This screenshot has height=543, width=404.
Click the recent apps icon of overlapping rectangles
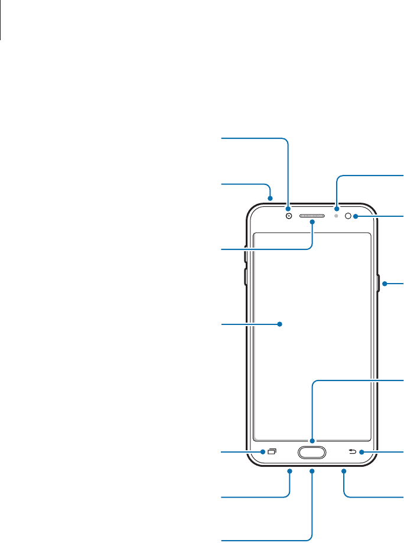(x=272, y=452)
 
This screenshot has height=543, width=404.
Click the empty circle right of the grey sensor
(x=348, y=216)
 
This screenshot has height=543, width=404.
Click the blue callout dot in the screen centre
(x=280, y=324)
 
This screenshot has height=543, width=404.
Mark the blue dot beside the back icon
(x=361, y=453)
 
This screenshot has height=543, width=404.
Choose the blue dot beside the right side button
(x=384, y=285)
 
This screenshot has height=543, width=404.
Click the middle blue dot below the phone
(x=312, y=471)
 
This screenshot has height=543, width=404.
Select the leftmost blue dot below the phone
(x=291, y=471)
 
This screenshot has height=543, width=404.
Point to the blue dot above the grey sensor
(x=337, y=209)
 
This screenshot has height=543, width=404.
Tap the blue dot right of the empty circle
(x=356, y=216)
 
